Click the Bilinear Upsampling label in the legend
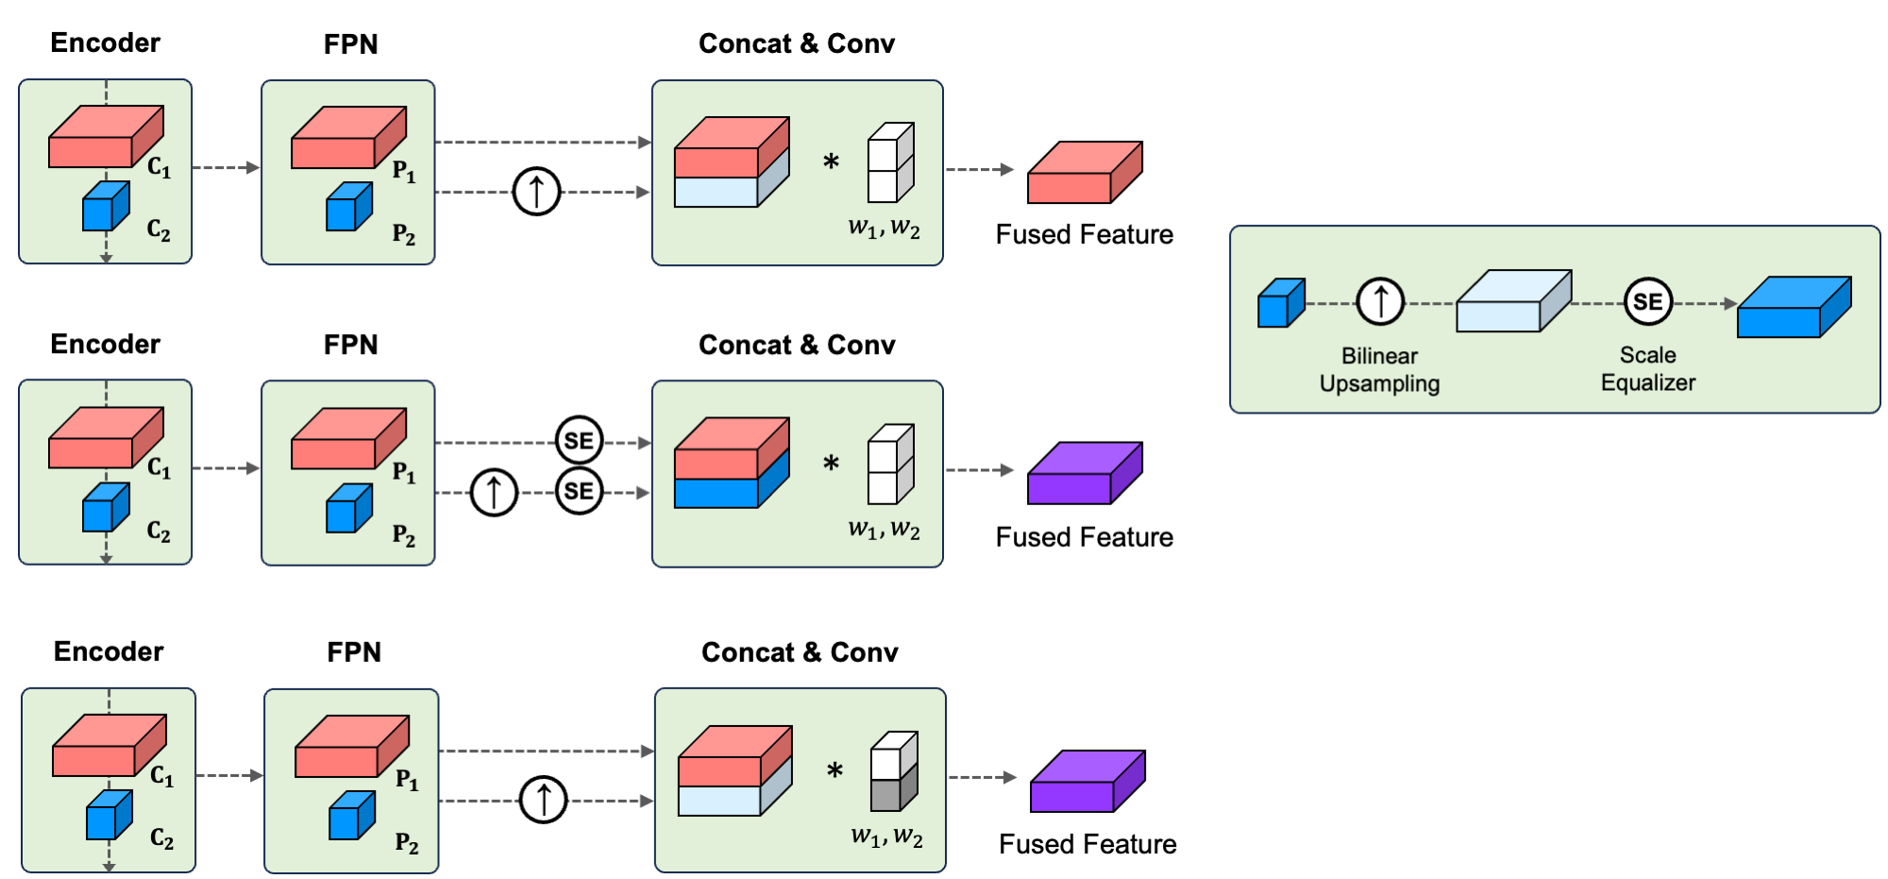pyautogui.click(x=1379, y=369)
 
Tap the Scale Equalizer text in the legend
pyautogui.click(x=1647, y=368)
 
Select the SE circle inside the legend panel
pyautogui.click(x=1647, y=302)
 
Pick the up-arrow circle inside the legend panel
pyautogui.click(x=1380, y=302)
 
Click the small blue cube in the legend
pyautogui.click(x=1280, y=303)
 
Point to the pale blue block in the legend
pyautogui.click(x=1512, y=301)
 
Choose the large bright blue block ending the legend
pyautogui.click(x=1793, y=307)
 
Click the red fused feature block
pyautogui.click(x=1084, y=173)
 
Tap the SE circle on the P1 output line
pyautogui.click(x=579, y=441)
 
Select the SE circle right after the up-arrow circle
pyautogui.click(x=579, y=491)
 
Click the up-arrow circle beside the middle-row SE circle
pyautogui.click(x=494, y=492)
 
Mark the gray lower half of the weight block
pyautogui.click(x=892, y=790)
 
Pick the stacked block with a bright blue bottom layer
pyautogui.click(x=731, y=464)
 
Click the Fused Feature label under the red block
pyautogui.click(x=1084, y=234)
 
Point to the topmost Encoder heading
pyautogui.click(x=105, y=42)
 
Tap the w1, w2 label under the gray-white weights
pyautogui.click(x=886, y=837)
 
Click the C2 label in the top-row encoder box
pyautogui.click(x=159, y=230)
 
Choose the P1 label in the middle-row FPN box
pyautogui.click(x=404, y=472)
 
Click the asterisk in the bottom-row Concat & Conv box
pyautogui.click(x=834, y=770)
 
